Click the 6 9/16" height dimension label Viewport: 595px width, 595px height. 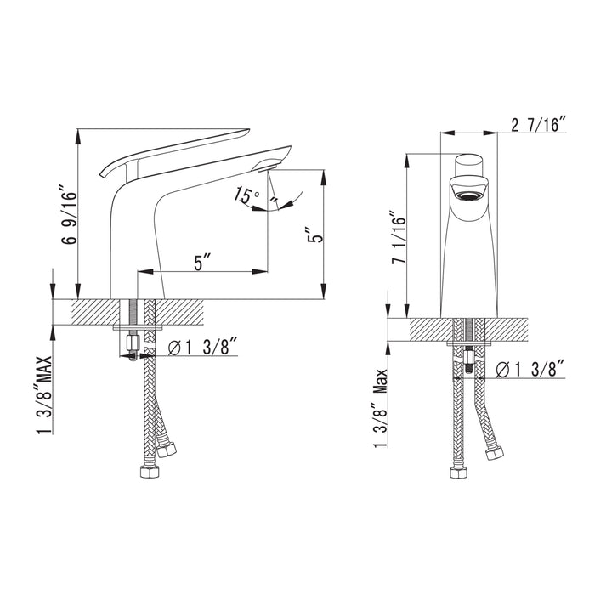(68, 214)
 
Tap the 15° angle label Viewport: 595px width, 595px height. (246, 195)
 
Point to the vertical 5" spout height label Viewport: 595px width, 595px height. (315, 235)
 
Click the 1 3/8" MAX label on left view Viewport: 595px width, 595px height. (44, 394)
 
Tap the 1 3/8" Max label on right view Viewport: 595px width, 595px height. (380, 408)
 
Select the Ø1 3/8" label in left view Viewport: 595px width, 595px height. (202, 346)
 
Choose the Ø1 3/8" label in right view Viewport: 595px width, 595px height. (530, 369)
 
